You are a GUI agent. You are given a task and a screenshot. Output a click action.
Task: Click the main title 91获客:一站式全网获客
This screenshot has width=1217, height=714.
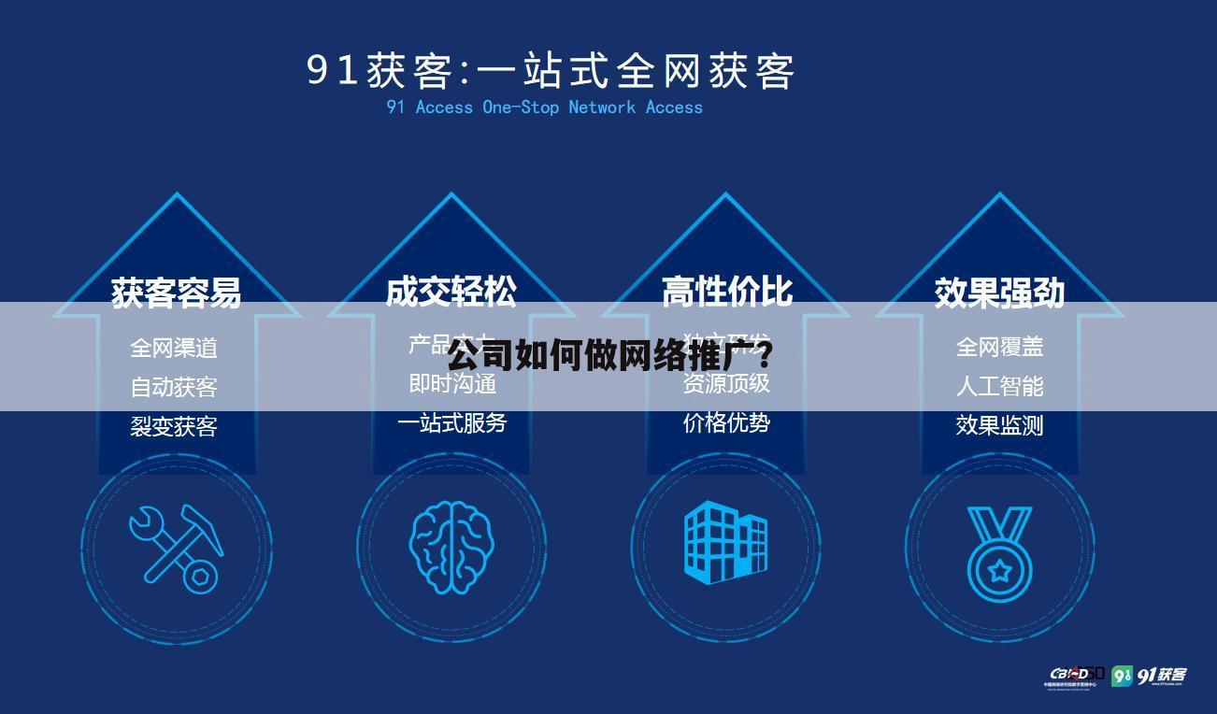coord(551,70)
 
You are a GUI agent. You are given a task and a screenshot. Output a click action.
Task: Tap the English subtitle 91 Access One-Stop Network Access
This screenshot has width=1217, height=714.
coord(544,107)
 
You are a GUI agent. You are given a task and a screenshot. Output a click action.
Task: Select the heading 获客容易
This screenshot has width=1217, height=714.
coord(176,292)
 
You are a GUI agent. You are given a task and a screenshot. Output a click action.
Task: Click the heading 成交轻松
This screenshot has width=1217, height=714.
coord(451,292)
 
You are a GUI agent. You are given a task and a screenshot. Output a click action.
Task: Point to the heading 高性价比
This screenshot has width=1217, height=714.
coord(726,292)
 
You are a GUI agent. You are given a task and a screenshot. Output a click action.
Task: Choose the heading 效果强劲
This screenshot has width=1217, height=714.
coord(999,293)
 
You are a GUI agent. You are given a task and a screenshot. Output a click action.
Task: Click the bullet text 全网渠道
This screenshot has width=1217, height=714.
coord(174,349)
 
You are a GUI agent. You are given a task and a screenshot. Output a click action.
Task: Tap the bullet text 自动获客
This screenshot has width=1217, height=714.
coord(174,387)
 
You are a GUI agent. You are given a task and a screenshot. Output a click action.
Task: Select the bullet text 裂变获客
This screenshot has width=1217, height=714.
coord(174,426)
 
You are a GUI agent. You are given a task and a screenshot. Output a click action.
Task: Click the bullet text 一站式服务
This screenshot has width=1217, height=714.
coord(451,423)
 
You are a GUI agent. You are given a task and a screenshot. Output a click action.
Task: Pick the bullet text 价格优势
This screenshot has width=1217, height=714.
coord(726,422)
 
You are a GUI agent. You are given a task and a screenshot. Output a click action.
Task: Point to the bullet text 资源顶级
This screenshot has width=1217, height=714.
coord(726,383)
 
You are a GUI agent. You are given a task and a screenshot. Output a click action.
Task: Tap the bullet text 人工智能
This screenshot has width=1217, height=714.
coord(999,386)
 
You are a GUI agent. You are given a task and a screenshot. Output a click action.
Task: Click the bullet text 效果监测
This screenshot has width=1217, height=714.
coord(999,425)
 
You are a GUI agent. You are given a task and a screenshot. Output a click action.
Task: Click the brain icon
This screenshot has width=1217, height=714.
coord(451,548)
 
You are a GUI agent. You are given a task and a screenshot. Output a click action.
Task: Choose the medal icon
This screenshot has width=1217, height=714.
coord(999,551)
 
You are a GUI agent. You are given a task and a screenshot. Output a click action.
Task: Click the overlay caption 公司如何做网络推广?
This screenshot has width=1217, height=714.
coord(608,356)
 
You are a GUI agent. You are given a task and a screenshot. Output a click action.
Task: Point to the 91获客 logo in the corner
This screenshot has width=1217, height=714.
coord(1149,675)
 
